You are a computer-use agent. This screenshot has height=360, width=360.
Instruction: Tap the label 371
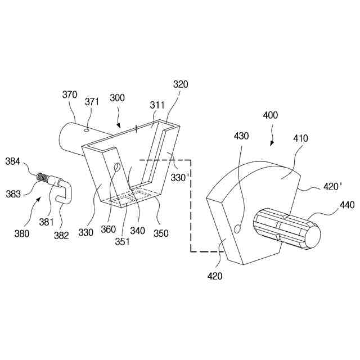click(92, 101)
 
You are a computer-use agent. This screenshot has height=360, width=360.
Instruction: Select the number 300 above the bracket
click(117, 98)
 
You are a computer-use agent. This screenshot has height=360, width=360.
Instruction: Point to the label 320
click(180, 84)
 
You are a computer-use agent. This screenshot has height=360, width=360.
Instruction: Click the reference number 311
click(157, 105)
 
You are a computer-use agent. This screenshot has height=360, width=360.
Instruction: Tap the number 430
click(241, 137)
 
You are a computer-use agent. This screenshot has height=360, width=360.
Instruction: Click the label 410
click(300, 138)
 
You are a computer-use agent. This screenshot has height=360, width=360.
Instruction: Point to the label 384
click(13, 161)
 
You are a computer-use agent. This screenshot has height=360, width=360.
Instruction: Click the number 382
click(61, 235)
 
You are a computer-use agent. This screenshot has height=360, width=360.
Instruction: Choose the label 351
click(123, 242)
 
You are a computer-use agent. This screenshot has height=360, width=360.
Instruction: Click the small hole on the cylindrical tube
click(86, 130)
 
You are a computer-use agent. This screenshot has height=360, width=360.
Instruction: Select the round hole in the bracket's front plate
click(117, 167)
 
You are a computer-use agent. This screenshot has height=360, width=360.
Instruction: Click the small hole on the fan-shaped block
click(237, 228)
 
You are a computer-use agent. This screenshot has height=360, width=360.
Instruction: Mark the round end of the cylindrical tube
click(65, 139)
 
